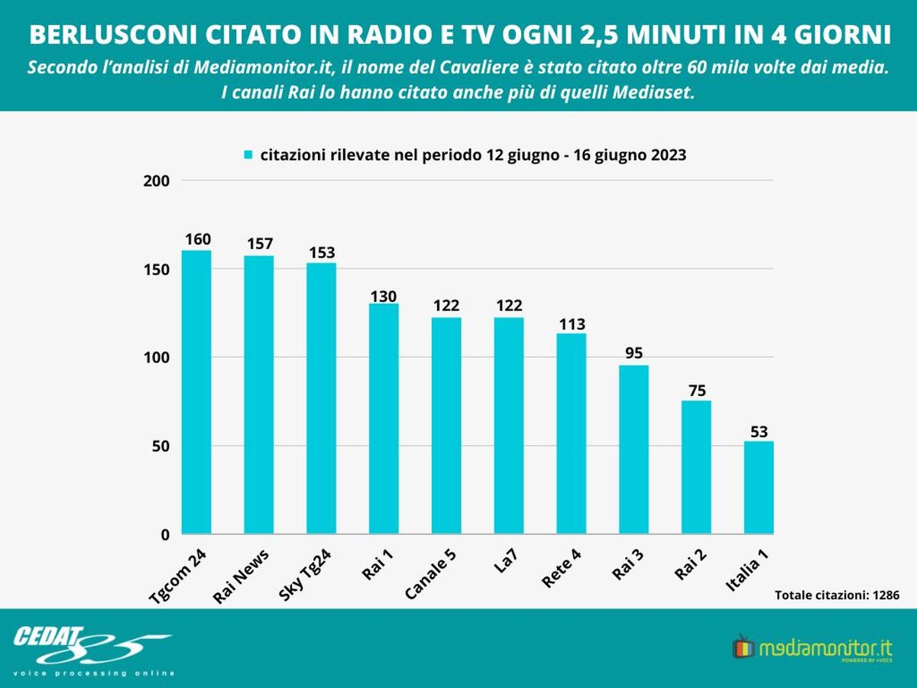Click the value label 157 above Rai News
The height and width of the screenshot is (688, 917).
click(x=259, y=244)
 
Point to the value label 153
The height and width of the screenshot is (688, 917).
click(x=321, y=252)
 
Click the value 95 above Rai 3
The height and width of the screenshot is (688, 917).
click(x=633, y=353)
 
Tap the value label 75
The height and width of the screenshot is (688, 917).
click(x=696, y=389)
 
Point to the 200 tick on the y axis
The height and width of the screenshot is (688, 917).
click(x=156, y=181)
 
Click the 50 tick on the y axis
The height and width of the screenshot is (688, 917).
click(x=159, y=446)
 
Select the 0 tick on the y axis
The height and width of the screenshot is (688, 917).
click(x=164, y=535)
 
